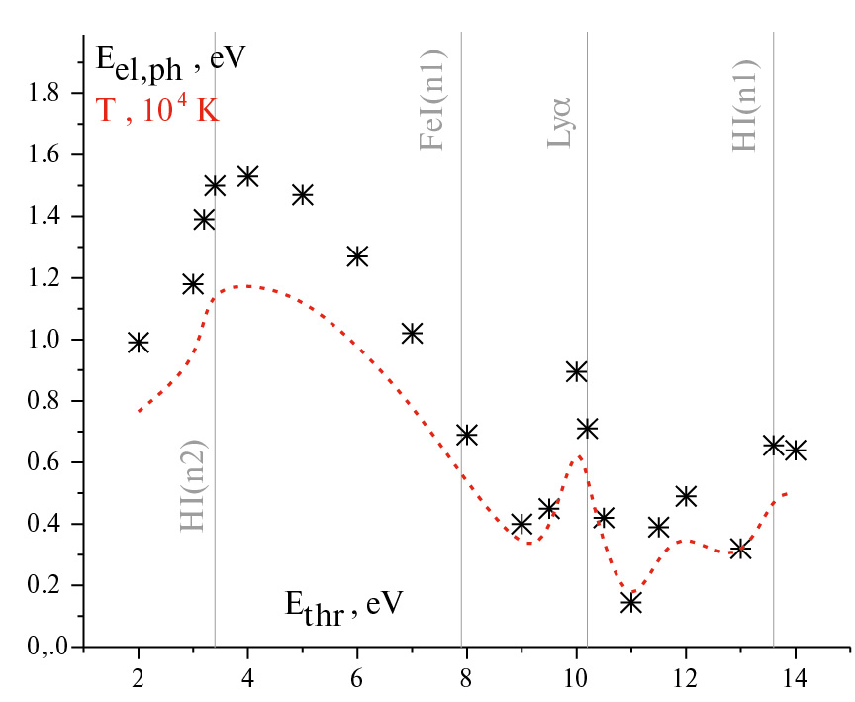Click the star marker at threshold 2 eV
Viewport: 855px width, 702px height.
tap(139, 342)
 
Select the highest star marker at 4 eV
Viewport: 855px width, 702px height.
tap(247, 176)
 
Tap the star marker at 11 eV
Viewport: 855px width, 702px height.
tap(631, 602)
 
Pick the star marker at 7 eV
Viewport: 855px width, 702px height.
tap(413, 333)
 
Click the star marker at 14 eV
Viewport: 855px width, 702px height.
tap(796, 450)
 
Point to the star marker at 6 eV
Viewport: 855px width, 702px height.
tap(357, 256)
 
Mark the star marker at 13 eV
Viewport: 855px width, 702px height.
tap(740, 548)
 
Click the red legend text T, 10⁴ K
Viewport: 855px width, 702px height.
tap(156, 110)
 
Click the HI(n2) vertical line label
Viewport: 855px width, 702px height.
tap(194, 486)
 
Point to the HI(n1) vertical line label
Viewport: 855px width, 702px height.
tap(747, 103)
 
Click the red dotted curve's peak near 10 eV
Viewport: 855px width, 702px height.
tap(578, 456)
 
